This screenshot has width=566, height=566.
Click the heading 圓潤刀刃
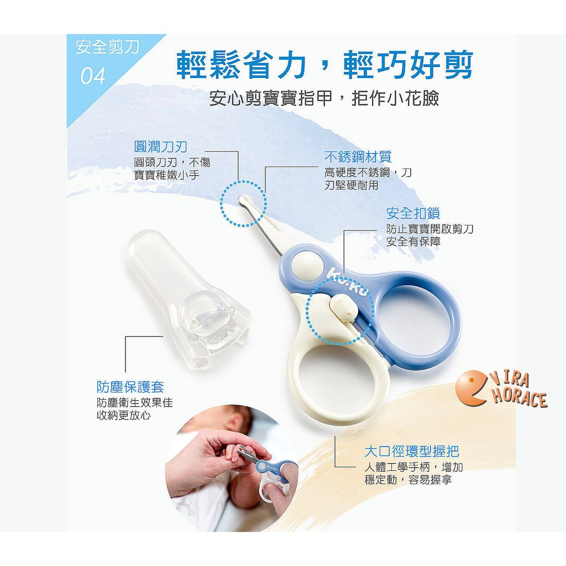pyautogui.click(x=161, y=146)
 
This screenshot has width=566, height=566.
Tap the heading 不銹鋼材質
pyautogui.click(x=358, y=156)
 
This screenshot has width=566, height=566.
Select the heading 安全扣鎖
pyautogui.click(x=413, y=213)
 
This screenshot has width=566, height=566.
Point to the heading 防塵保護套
pyautogui.click(x=130, y=387)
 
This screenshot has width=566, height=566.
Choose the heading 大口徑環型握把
pyautogui.click(x=412, y=451)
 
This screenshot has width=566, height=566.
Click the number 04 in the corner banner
pyautogui.click(x=93, y=76)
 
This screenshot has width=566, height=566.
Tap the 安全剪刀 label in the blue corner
pyautogui.click(x=107, y=48)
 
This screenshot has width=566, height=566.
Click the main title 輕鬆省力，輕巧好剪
pyautogui.click(x=324, y=65)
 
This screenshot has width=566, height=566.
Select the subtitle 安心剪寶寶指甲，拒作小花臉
pyautogui.click(x=324, y=98)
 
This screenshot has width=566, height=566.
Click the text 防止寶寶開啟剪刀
pyautogui.click(x=429, y=229)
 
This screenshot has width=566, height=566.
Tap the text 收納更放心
pyautogui.click(x=123, y=416)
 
